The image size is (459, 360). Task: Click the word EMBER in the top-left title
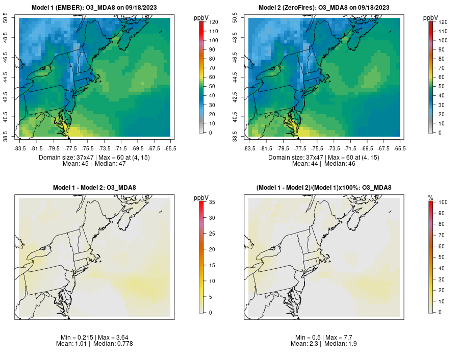(x=66, y=8)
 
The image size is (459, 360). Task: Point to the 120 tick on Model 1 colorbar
(x=213, y=22)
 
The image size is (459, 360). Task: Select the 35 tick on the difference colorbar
(x=212, y=202)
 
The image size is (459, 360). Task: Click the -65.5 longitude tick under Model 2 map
(x=400, y=148)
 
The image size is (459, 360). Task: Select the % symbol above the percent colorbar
(x=431, y=197)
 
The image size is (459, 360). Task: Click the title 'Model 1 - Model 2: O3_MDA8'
(x=94, y=188)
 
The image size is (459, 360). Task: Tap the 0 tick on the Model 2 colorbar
(x=440, y=132)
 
